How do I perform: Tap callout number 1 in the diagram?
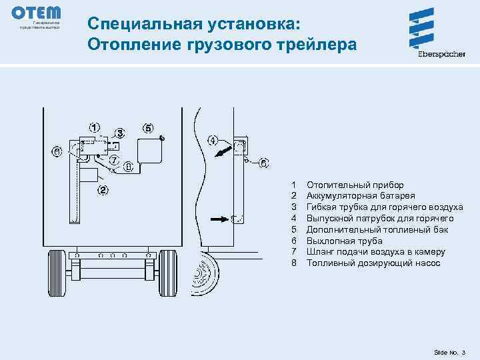95,127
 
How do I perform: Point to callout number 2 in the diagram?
103,190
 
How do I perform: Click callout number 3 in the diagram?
120,132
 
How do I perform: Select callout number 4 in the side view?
212,141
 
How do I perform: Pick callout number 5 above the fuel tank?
148,128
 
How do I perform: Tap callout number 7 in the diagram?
114,160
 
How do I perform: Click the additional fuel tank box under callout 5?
149,150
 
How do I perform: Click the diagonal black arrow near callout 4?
222,153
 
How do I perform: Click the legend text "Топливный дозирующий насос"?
373,263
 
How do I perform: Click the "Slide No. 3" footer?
450,351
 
